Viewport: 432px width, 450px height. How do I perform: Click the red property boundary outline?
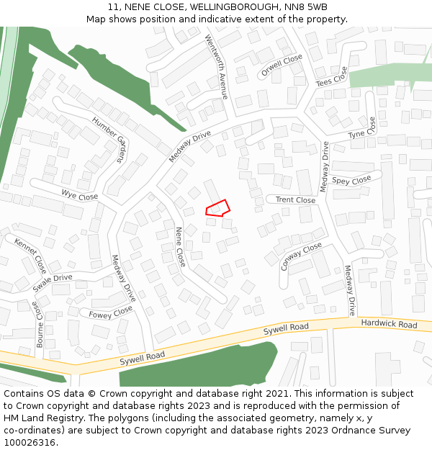(217, 208)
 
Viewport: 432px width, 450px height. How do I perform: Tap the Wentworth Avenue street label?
(216, 66)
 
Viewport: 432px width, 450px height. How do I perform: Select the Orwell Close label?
(282, 66)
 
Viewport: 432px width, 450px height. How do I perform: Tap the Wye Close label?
(79, 195)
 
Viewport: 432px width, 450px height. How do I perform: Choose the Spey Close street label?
(352, 180)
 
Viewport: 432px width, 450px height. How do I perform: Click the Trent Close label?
(295, 200)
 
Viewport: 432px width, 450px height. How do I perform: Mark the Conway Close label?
(302, 256)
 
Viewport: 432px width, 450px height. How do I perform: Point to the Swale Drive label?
(53, 282)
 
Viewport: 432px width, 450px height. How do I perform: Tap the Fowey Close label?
(111, 312)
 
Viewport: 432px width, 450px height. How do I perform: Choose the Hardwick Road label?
(389, 325)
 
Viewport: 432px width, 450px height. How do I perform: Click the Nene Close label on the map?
(181, 247)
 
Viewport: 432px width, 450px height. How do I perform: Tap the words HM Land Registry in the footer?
(34, 418)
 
